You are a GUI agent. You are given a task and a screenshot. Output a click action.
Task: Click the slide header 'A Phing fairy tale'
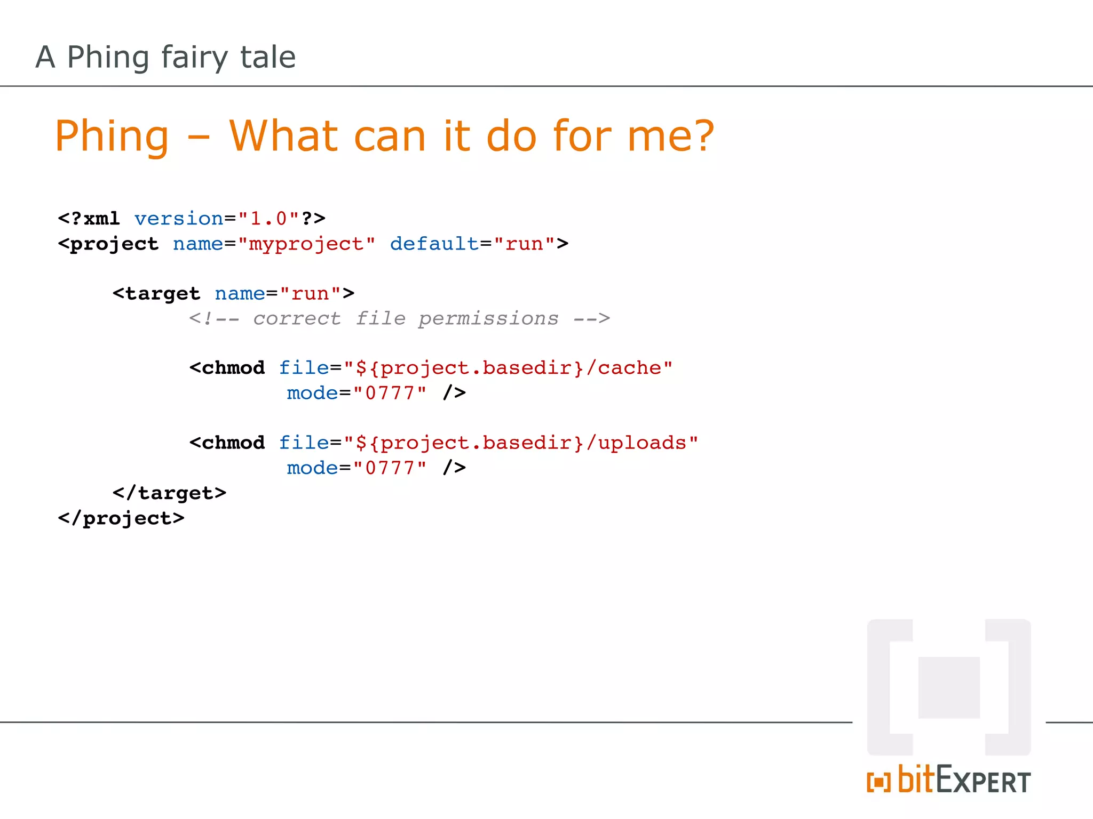[x=165, y=57]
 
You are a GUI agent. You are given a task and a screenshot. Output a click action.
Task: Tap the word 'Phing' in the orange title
[x=112, y=136]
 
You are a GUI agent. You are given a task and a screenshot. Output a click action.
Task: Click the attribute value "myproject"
[x=306, y=244]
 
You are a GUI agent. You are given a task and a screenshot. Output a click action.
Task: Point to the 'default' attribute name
[x=434, y=244]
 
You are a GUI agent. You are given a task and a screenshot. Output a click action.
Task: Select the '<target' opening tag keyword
[x=156, y=294]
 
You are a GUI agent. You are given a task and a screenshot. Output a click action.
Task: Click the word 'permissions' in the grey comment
[x=488, y=318]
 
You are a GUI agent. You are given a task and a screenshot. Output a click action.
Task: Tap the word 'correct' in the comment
[x=297, y=318]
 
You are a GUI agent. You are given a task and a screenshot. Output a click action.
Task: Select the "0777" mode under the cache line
[x=390, y=394]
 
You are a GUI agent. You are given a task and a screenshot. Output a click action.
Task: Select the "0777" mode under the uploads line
[x=390, y=468]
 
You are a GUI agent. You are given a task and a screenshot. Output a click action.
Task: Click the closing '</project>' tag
[x=121, y=518]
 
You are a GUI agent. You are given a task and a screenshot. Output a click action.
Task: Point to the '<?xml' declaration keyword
[x=89, y=219]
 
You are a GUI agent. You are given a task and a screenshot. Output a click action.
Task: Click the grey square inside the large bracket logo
[x=949, y=687]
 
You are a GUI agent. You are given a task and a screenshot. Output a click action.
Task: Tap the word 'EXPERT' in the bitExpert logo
[x=983, y=782]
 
